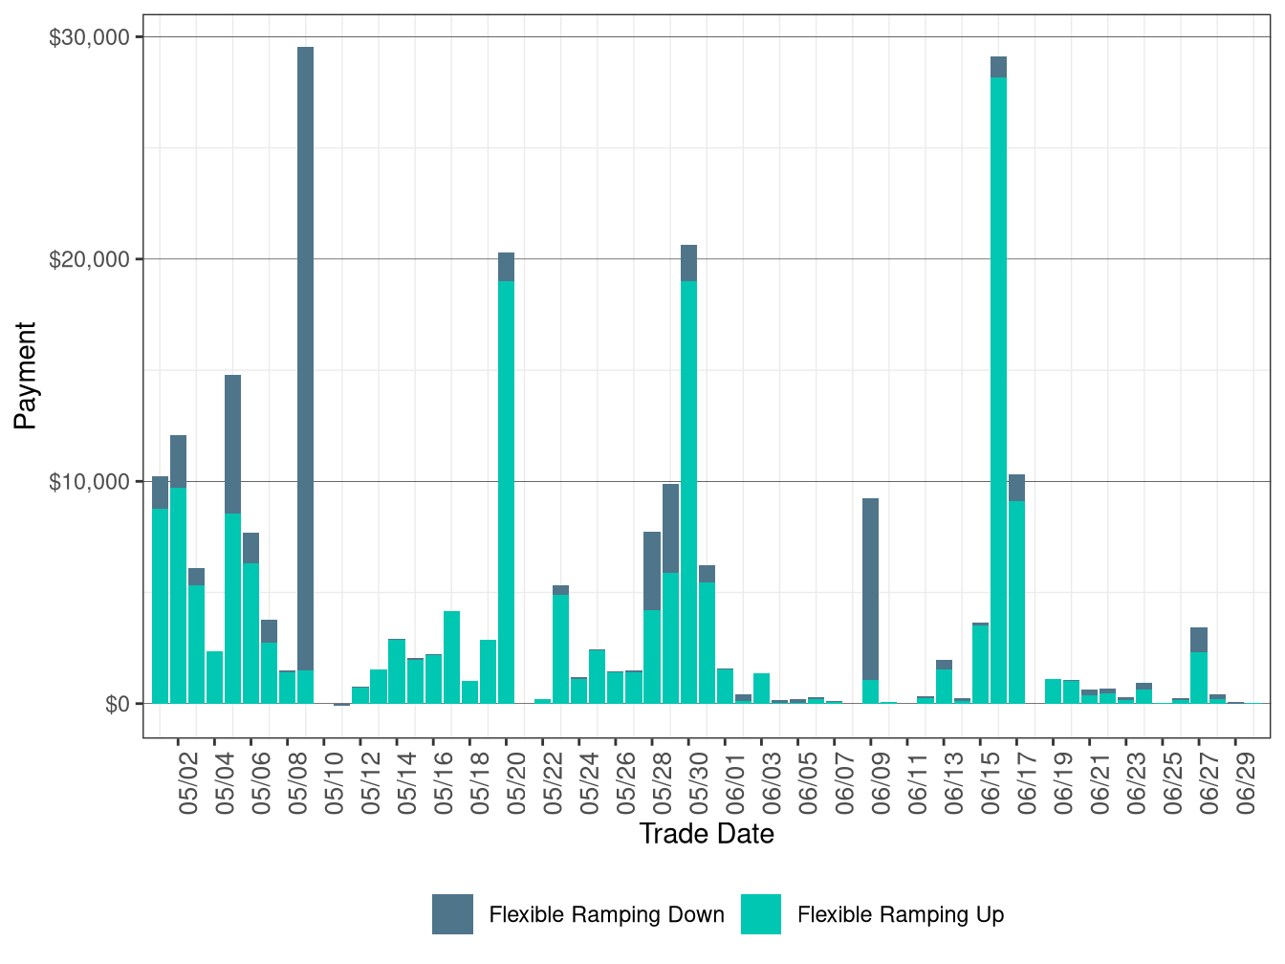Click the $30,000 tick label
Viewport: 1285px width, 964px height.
(89, 37)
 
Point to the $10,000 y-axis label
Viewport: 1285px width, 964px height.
(89, 481)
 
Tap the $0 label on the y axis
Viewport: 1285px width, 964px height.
(117, 704)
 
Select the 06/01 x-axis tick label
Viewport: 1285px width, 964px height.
(735, 785)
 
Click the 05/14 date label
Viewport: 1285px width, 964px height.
(407, 785)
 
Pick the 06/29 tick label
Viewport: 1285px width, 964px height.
(1246, 785)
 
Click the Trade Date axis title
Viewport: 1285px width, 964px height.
(707, 834)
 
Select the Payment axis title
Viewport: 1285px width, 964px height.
(25, 376)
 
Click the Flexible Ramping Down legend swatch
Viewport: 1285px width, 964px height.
(452, 914)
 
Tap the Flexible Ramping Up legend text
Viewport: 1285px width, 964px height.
(901, 915)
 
